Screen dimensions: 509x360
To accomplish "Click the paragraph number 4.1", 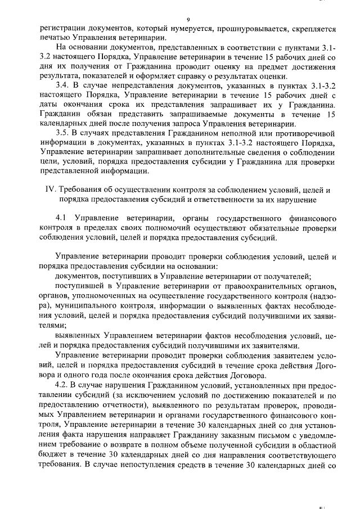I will [62, 217].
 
